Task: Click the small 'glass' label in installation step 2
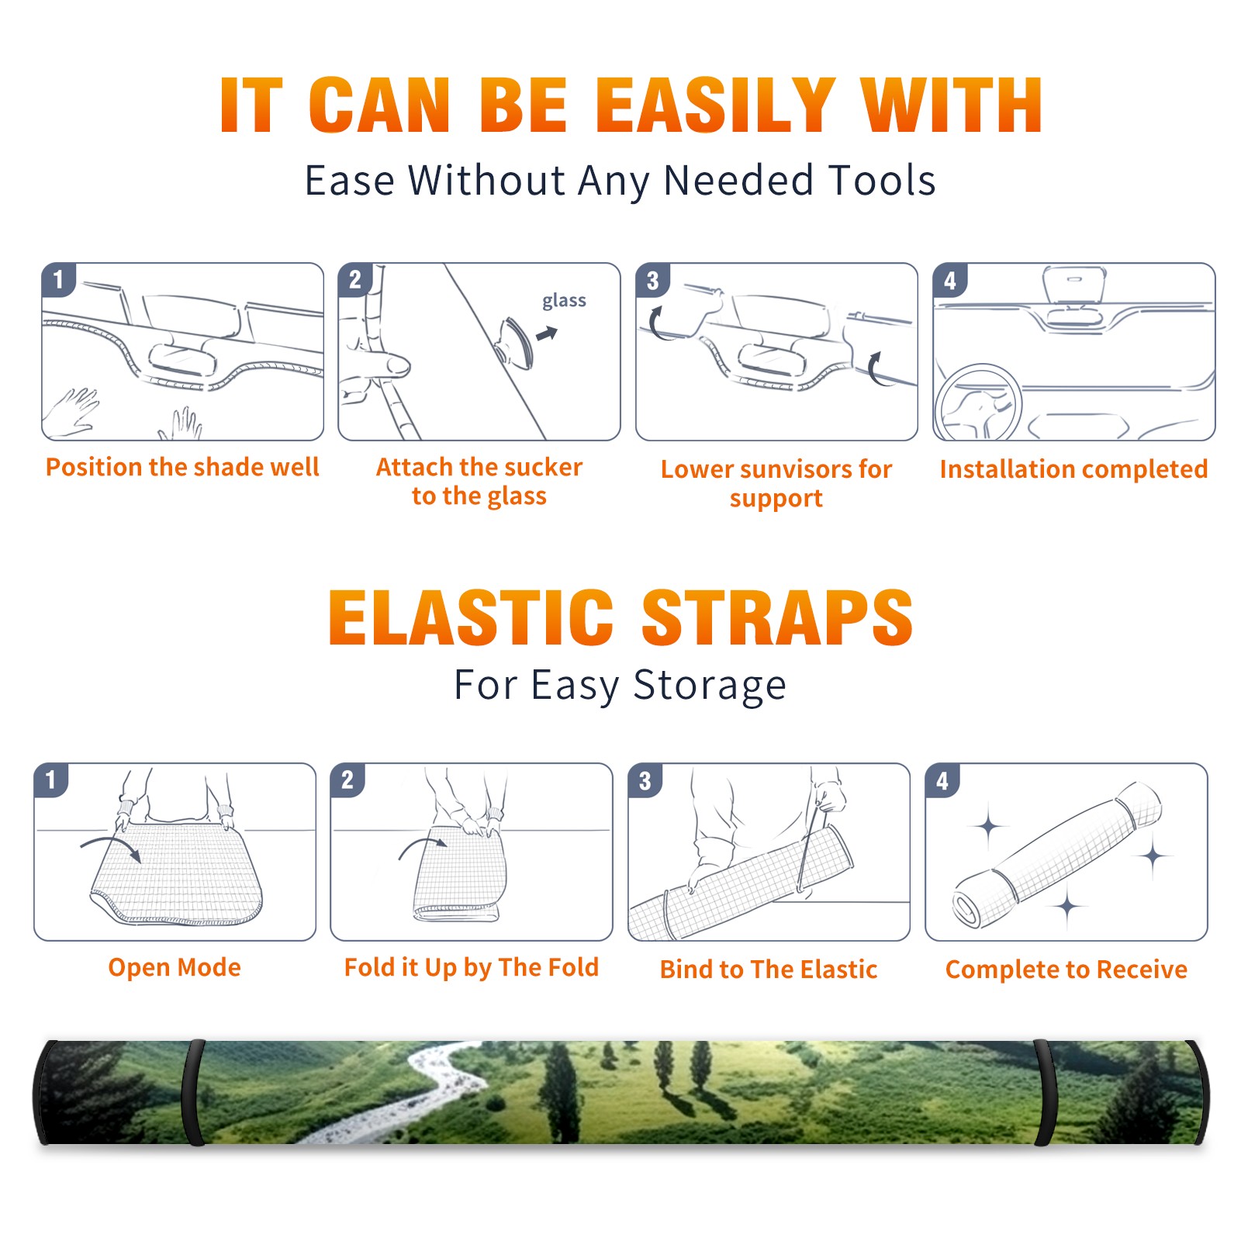(x=564, y=301)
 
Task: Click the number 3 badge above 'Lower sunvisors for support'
(x=652, y=280)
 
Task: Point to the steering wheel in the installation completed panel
(x=978, y=403)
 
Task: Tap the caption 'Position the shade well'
(x=182, y=467)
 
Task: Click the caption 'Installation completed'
(x=1073, y=468)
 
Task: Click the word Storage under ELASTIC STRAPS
(x=710, y=686)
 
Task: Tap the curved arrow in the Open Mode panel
(x=111, y=847)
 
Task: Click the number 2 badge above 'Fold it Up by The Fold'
(x=347, y=780)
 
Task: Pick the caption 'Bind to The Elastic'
(x=768, y=970)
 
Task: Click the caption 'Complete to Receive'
(x=1066, y=970)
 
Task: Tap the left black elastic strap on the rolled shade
(x=193, y=1092)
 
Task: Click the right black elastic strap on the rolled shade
(x=1046, y=1092)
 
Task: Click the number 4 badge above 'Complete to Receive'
(x=942, y=780)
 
